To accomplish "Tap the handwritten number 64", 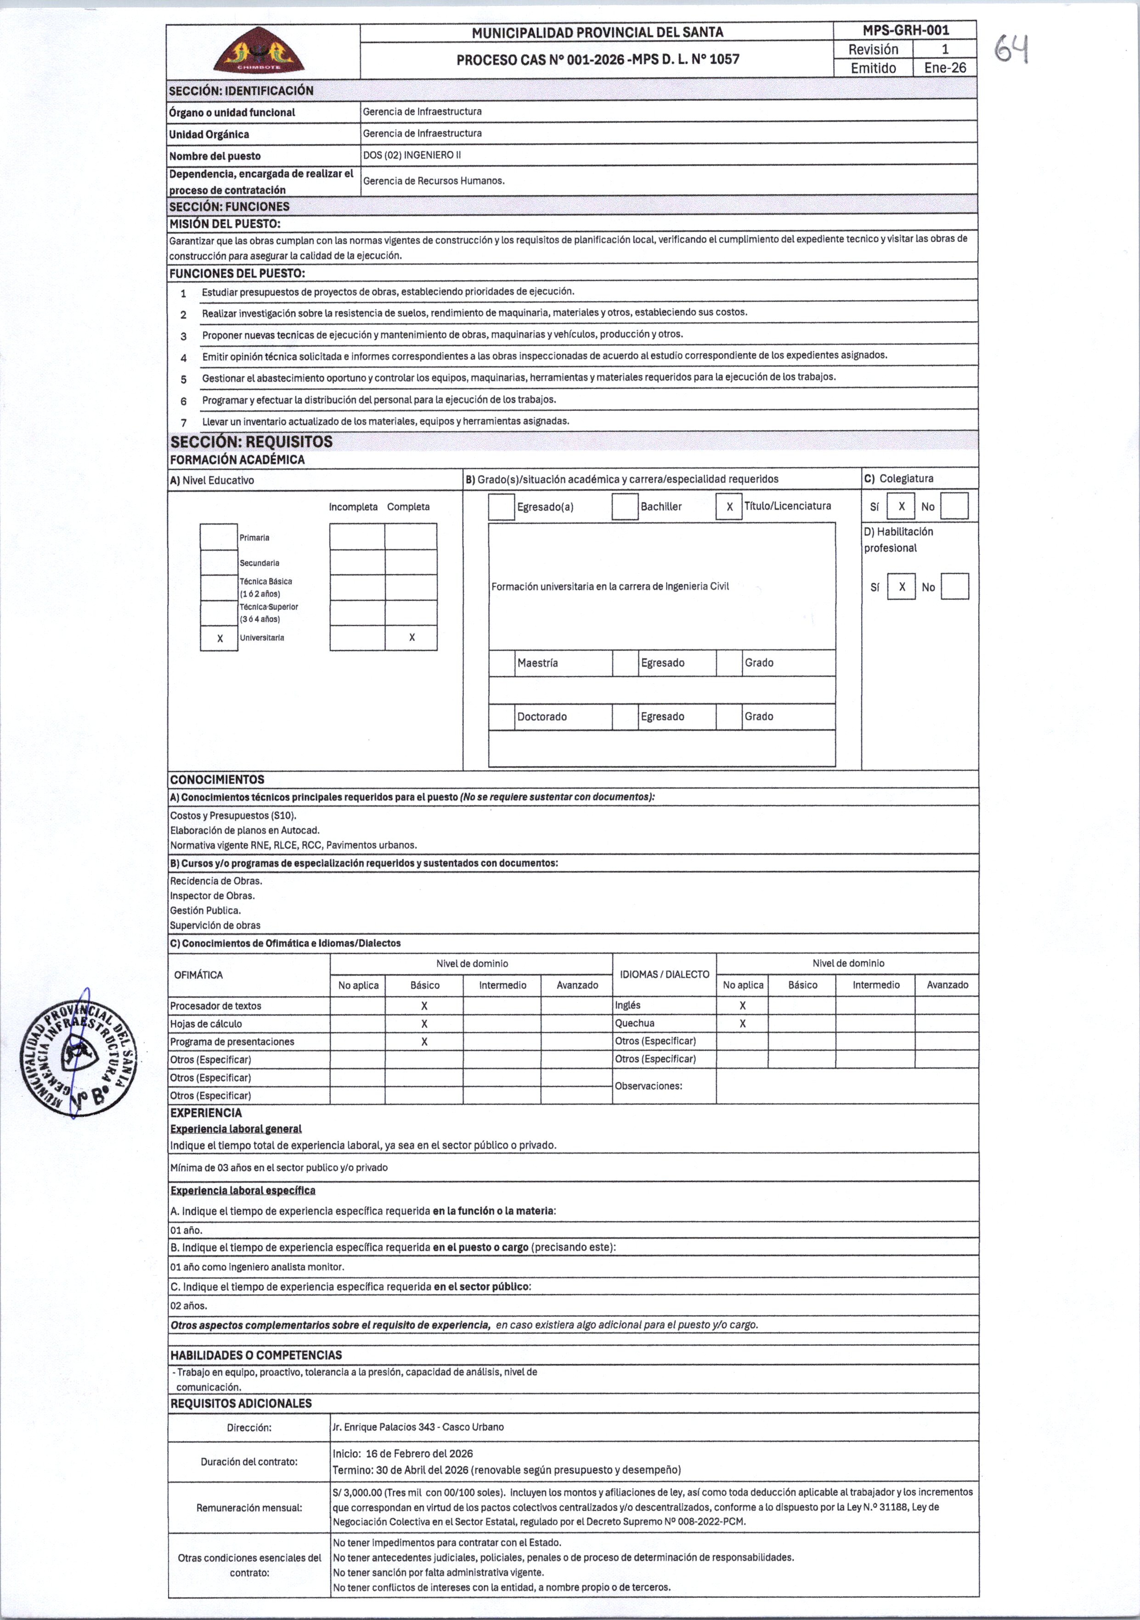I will tap(1011, 50).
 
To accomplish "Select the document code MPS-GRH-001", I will tap(906, 30).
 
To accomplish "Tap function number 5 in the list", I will tap(184, 379).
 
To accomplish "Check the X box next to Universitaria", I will tap(220, 638).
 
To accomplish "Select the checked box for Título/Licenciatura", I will tap(729, 506).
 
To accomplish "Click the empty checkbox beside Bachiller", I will tap(625, 506).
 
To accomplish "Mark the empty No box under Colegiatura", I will tap(954, 506).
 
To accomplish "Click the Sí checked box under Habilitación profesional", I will tap(902, 587).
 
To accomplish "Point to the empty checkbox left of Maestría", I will tap(502, 663).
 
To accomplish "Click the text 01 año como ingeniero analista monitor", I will tap(258, 1266).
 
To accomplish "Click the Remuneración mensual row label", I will tap(249, 1508).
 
